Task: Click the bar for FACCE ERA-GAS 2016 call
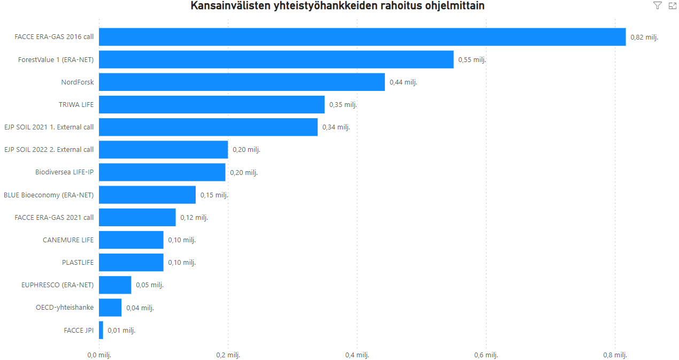click(362, 37)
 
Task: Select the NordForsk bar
click(242, 82)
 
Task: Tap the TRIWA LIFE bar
click(212, 104)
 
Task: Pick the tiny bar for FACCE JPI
click(101, 330)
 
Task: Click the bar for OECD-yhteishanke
click(110, 308)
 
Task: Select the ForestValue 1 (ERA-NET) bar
click(276, 59)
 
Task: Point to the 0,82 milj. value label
click(644, 37)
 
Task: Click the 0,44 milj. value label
click(403, 82)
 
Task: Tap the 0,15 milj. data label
click(214, 195)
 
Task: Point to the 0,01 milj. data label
click(121, 330)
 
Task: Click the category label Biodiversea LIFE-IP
click(64, 172)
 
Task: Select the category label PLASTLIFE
click(78, 262)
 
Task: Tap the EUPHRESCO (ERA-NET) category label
click(57, 285)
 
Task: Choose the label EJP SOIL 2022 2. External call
click(49, 150)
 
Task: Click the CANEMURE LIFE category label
click(68, 240)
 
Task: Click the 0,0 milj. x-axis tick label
click(99, 355)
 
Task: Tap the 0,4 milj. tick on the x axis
click(357, 355)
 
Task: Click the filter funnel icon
click(658, 6)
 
